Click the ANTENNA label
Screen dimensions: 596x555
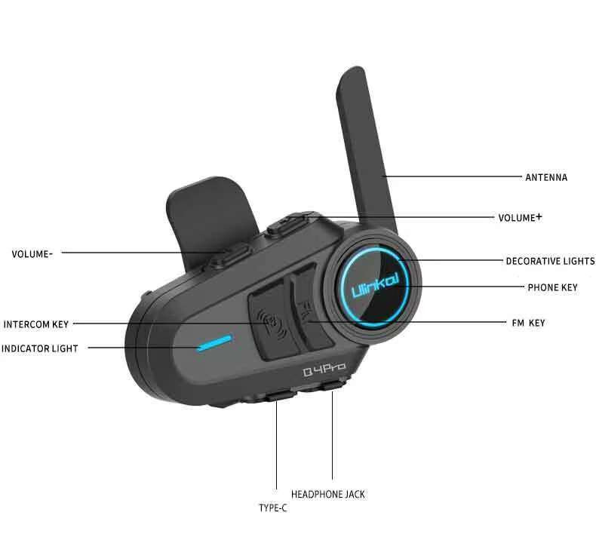pyautogui.click(x=545, y=178)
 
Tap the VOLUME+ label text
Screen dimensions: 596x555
pyautogui.click(x=520, y=218)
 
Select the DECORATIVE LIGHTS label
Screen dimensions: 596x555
pyautogui.click(x=550, y=262)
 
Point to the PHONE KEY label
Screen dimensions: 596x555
pyautogui.click(x=553, y=287)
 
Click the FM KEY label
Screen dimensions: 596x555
pyautogui.click(x=527, y=323)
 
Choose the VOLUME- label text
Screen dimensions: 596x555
pyautogui.click(x=32, y=254)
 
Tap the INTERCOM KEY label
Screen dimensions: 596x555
pyautogui.click(x=36, y=325)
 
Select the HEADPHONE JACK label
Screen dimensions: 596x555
pyautogui.click(x=327, y=495)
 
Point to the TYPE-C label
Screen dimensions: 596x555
pyautogui.click(x=272, y=508)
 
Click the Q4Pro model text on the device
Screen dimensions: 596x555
pyautogui.click(x=324, y=369)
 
